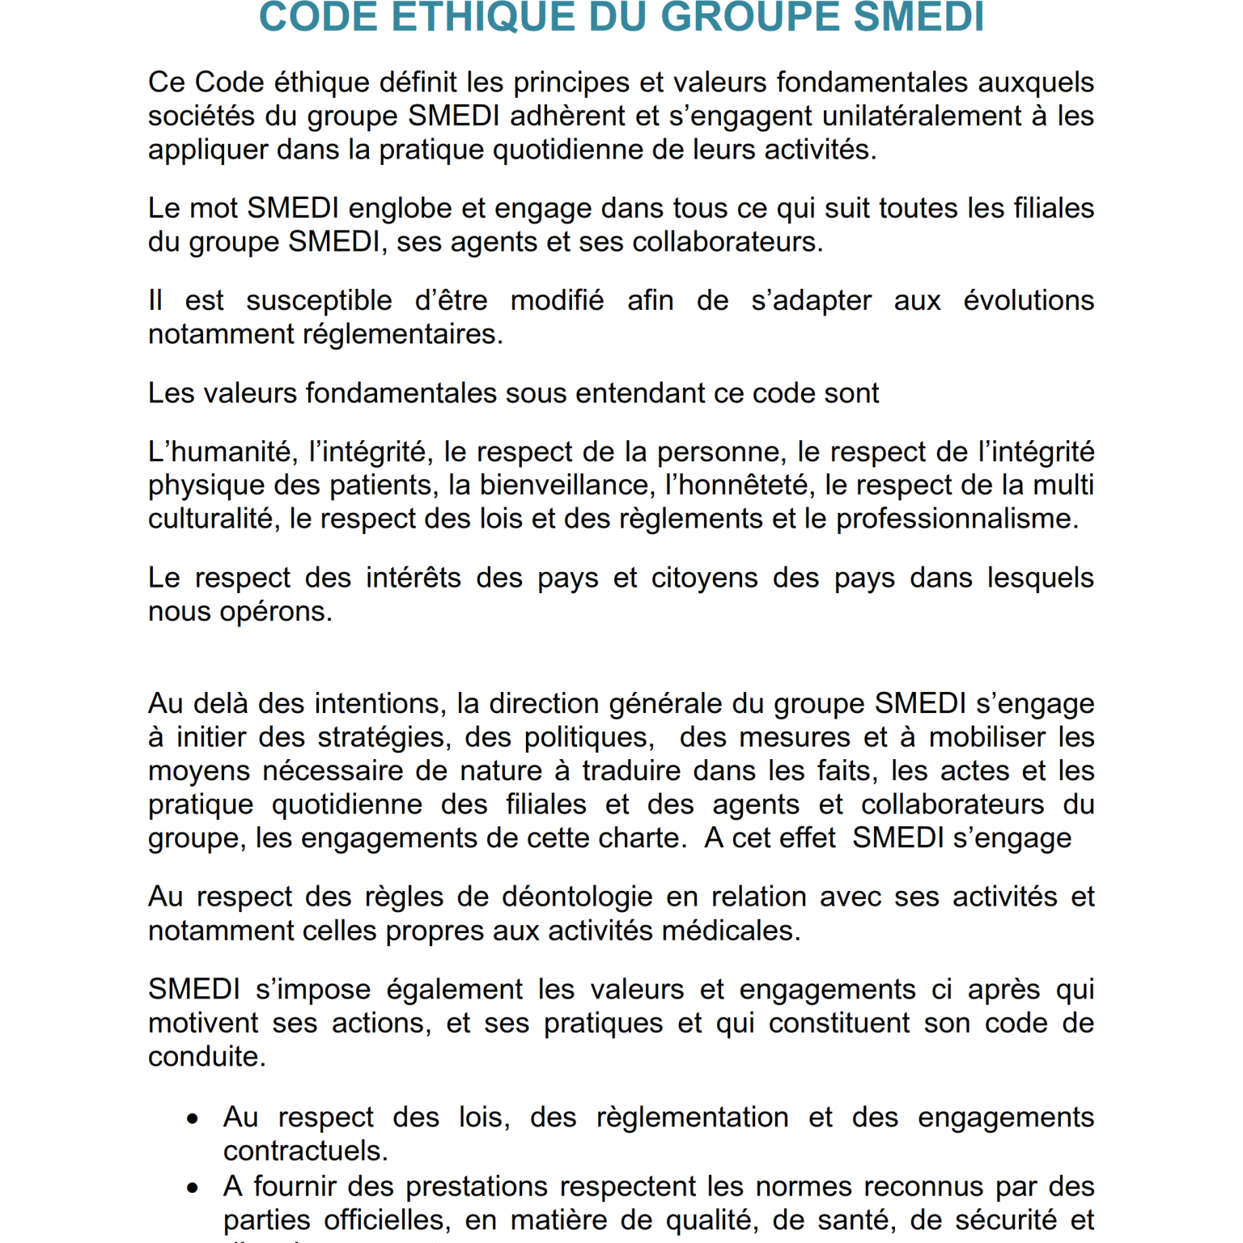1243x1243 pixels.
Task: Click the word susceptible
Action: pos(319,300)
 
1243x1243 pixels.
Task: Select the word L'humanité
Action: pos(219,452)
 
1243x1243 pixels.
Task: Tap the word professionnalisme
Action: pos(957,519)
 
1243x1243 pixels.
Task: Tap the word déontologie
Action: pos(577,897)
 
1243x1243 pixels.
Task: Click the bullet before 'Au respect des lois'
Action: pos(193,1119)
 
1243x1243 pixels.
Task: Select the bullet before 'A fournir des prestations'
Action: pos(193,1188)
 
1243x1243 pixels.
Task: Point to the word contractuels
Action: pos(305,1151)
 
